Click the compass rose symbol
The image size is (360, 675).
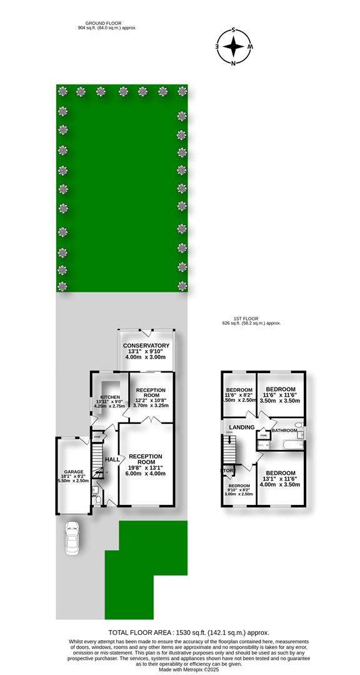(x=233, y=46)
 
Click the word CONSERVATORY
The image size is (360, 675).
(x=146, y=346)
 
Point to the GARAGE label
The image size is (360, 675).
(x=73, y=472)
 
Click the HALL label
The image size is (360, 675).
(x=112, y=460)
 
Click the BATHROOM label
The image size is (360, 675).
(x=284, y=430)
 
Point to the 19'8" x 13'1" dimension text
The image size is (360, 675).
(x=146, y=466)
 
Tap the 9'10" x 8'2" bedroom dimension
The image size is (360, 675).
(x=239, y=490)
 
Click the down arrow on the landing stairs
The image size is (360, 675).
(x=229, y=439)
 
